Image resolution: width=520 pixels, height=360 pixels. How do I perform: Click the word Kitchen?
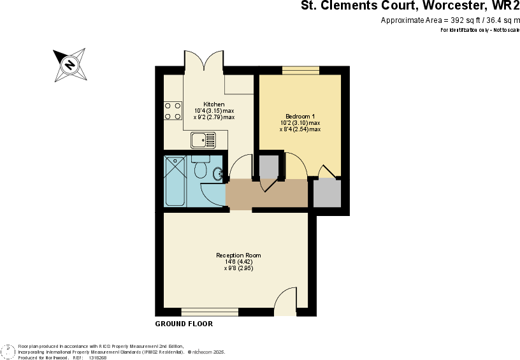point(213,104)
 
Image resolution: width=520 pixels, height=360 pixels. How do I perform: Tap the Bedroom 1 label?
point(300,116)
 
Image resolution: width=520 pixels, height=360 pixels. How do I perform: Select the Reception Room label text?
point(238,256)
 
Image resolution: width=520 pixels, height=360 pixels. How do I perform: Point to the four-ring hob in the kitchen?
point(173,111)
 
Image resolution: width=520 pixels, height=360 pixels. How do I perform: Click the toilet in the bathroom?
point(200,169)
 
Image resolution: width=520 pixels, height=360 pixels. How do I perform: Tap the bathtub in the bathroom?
point(176,181)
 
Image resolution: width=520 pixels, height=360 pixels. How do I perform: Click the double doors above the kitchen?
point(203,62)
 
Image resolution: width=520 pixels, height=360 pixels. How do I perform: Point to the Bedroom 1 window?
point(300,70)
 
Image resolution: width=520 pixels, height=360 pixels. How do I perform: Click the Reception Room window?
point(210,312)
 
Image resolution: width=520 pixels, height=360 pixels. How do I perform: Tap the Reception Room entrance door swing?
point(285,300)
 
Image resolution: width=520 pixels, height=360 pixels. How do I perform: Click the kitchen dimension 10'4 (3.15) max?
point(213,111)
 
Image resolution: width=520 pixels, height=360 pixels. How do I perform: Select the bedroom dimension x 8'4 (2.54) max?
point(300,129)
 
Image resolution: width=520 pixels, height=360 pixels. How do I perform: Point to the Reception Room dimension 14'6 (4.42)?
point(238,262)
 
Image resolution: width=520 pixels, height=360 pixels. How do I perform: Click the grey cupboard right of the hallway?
point(327,194)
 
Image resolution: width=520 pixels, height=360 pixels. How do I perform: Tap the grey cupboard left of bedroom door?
point(268,166)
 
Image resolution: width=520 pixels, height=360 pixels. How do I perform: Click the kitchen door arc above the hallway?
point(241,168)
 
